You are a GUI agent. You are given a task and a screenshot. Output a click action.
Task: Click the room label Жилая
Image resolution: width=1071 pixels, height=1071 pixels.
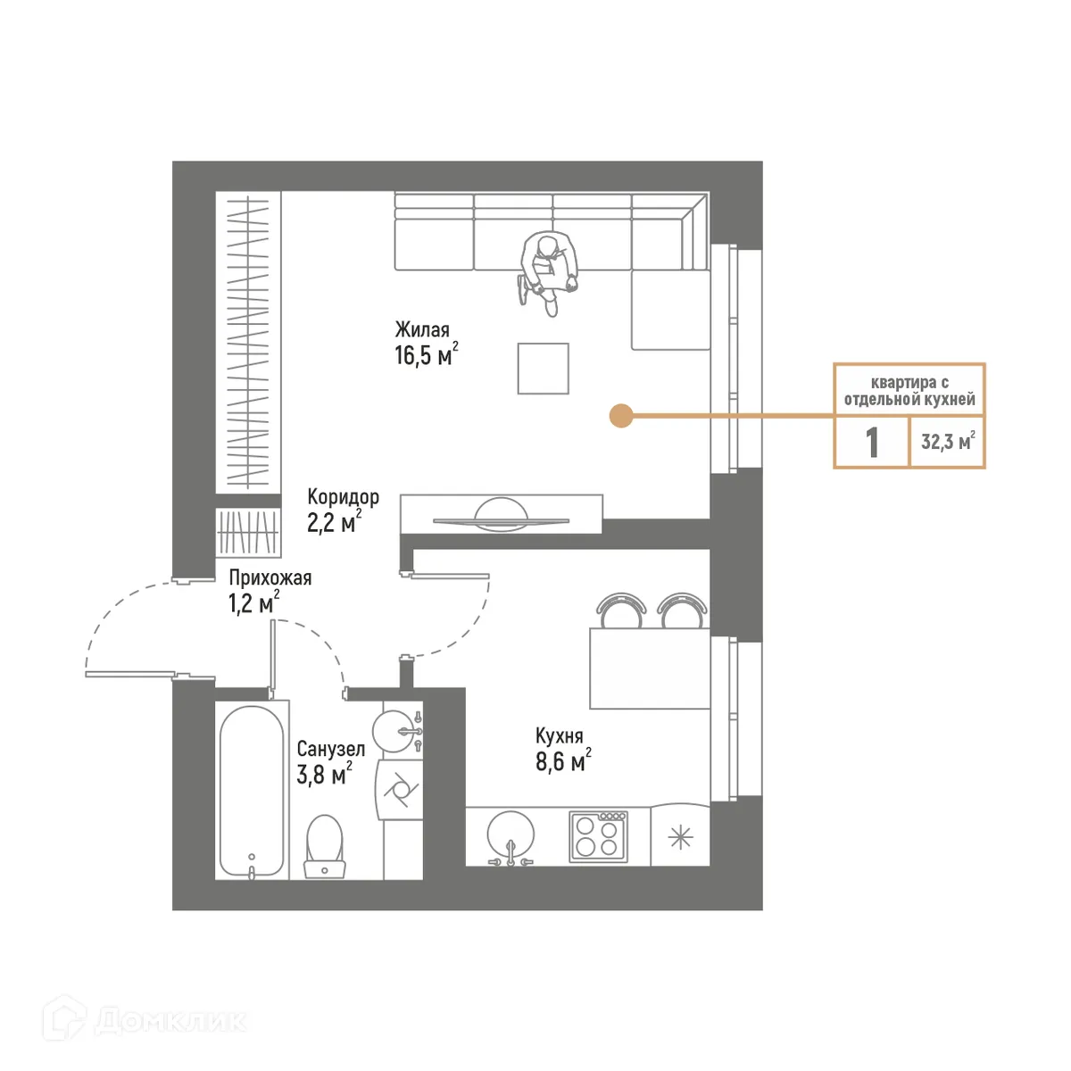[x=422, y=329]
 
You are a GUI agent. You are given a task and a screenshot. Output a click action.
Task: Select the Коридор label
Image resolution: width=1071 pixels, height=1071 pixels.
[x=343, y=496]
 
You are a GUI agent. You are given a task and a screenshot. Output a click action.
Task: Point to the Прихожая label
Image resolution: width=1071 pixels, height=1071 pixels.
[x=270, y=577]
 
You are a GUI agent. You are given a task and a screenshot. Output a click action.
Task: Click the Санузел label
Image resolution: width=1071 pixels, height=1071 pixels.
[x=330, y=750]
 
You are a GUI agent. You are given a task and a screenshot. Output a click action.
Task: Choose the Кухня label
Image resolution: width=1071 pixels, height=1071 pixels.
[x=559, y=736]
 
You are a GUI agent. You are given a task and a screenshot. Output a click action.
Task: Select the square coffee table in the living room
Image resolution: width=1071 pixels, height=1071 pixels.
[x=543, y=369]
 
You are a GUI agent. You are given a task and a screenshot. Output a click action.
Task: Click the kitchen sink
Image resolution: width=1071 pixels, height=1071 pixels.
[x=511, y=837]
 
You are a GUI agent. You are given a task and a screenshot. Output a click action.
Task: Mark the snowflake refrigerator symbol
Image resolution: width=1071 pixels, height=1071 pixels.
[x=680, y=837]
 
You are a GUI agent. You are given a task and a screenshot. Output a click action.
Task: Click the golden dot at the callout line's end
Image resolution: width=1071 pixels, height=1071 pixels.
[x=620, y=415]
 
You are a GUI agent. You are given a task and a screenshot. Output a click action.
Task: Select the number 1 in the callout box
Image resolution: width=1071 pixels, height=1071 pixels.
[x=872, y=442]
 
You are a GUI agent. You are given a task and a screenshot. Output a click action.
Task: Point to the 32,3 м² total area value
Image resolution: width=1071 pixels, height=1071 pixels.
[x=947, y=441]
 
